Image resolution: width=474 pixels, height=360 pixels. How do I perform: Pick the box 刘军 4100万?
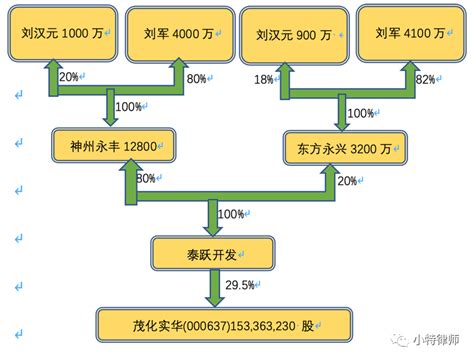coord(410,34)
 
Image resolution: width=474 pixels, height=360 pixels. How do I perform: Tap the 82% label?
coord(425,79)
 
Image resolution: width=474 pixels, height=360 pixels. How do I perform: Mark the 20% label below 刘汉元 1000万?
coord(70,77)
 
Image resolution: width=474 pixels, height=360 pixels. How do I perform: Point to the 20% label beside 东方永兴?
coord(348,180)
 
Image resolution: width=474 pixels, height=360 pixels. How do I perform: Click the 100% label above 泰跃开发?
coord(232,214)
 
